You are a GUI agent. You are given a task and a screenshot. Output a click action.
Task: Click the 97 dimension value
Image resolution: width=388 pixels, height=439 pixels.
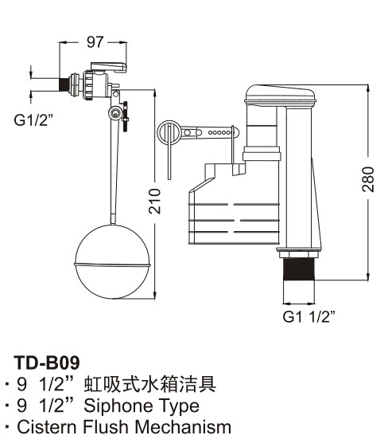(95, 42)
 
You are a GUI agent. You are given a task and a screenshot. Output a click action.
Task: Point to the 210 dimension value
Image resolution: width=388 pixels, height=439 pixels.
(155, 202)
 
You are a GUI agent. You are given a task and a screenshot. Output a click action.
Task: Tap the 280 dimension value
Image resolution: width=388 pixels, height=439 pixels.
(368, 179)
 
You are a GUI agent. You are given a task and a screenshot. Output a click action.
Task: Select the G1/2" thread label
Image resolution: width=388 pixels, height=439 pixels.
(33, 120)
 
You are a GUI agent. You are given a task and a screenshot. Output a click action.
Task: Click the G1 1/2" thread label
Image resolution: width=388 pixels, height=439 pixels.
(309, 316)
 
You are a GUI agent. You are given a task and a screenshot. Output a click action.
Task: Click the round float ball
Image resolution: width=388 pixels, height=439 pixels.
(112, 261)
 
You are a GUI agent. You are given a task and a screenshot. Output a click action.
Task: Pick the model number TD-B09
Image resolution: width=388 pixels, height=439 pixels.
(47, 363)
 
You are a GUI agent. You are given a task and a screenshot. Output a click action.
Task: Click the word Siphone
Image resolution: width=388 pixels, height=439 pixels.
(118, 406)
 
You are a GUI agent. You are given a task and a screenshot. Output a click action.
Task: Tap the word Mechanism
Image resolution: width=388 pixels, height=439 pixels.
(183, 427)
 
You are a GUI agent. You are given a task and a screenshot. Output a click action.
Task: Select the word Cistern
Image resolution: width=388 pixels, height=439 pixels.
(47, 427)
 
